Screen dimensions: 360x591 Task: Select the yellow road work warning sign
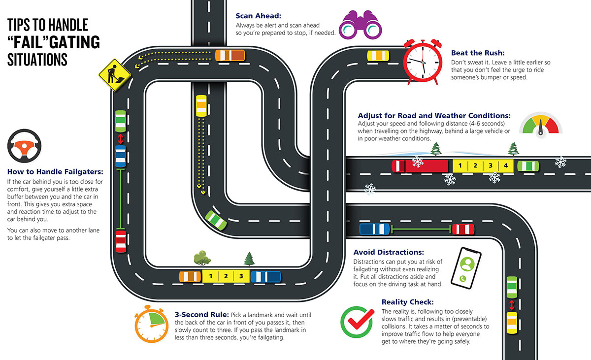[x=114, y=75]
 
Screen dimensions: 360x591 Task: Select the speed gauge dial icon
[x=540, y=126]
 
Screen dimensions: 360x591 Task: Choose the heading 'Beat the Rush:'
[x=478, y=53]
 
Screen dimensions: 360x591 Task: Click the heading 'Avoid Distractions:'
[x=389, y=252]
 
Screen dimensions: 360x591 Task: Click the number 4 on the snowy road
[x=506, y=165]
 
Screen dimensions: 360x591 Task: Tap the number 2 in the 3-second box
[x=226, y=276]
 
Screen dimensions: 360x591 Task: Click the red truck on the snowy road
[x=421, y=165]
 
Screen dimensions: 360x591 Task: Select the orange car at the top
[x=230, y=55]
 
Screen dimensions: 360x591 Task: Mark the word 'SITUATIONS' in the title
[x=37, y=59]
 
